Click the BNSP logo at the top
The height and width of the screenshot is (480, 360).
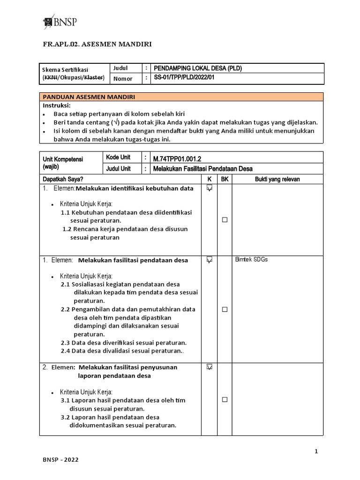click(60, 22)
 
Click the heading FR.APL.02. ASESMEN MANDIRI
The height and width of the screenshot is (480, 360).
click(97, 45)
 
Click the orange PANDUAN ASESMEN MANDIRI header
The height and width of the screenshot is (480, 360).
click(89, 97)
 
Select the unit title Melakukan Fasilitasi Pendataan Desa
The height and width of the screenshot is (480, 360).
click(203, 169)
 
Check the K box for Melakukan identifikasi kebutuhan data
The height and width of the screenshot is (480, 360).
click(209, 188)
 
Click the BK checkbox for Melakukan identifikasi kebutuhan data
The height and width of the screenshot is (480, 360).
click(225, 220)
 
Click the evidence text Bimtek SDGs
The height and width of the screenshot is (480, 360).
click(251, 260)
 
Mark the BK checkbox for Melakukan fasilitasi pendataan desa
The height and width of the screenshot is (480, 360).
click(225, 309)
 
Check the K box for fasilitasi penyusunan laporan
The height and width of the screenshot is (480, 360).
click(209, 367)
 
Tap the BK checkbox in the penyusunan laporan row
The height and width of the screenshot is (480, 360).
click(225, 399)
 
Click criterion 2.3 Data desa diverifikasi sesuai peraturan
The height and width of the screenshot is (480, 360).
click(124, 343)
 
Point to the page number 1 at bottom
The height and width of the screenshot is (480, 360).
click(316, 451)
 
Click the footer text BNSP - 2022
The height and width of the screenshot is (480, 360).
click(60, 460)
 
